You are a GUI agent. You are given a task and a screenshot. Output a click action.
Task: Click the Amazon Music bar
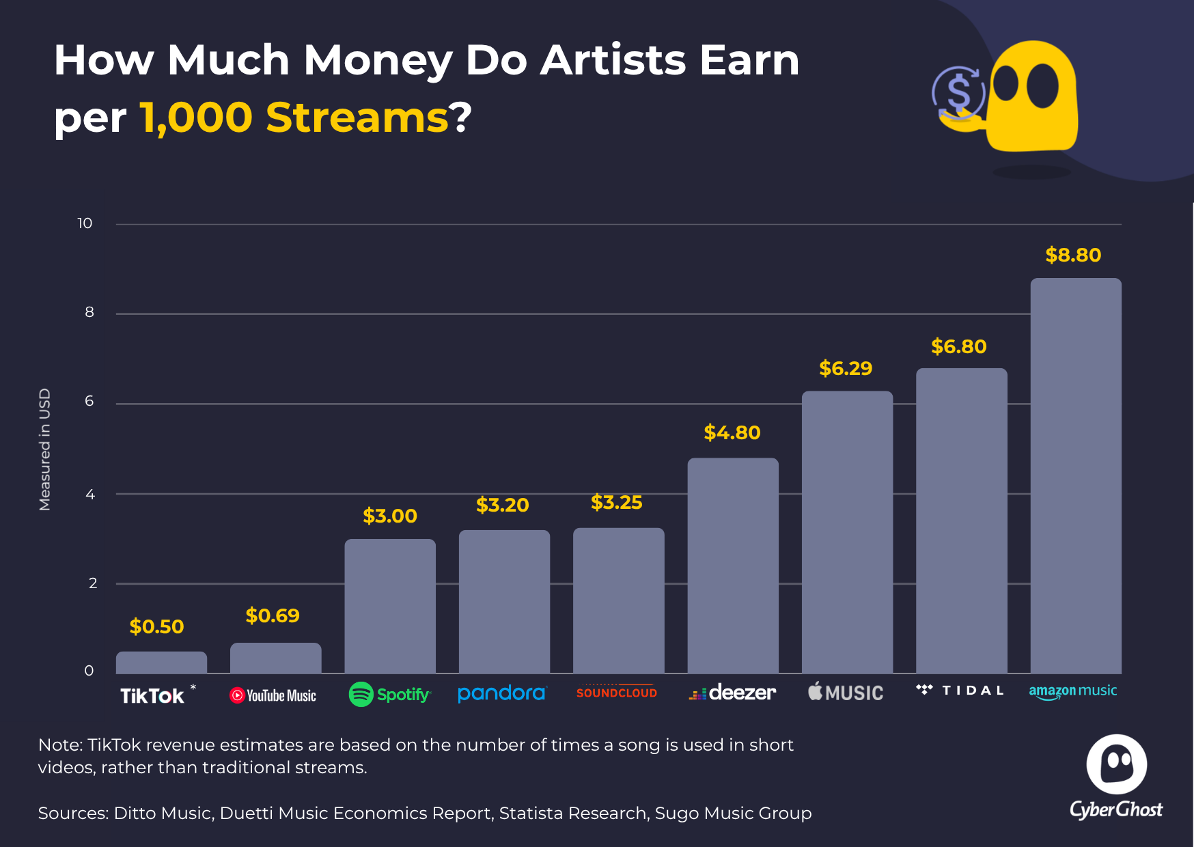tap(1076, 475)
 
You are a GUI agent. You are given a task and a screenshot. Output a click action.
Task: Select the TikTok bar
tap(161, 663)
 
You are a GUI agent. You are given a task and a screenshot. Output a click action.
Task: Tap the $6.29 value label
tap(846, 369)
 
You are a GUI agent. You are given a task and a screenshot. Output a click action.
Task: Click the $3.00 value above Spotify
tap(390, 516)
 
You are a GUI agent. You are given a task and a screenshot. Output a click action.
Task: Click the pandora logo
tap(502, 693)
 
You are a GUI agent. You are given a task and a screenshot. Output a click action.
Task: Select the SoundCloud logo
tap(617, 691)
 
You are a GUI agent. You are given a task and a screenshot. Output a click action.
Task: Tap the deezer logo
tap(732, 693)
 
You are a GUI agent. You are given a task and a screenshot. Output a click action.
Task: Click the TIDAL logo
tap(960, 690)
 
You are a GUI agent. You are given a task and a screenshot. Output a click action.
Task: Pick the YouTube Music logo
tap(273, 695)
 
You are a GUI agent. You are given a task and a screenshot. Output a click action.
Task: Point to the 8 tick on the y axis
tap(89, 312)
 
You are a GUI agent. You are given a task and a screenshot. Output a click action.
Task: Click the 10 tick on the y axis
tap(85, 223)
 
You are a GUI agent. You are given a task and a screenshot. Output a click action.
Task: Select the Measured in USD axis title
tap(44, 449)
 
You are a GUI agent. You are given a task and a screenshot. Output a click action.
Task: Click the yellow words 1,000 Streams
tap(294, 117)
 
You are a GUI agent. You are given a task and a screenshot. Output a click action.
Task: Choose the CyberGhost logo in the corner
tap(1116, 777)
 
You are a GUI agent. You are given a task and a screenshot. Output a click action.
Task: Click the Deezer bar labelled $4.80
tap(733, 566)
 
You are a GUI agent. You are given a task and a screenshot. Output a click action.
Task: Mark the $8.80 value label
tap(1073, 255)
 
